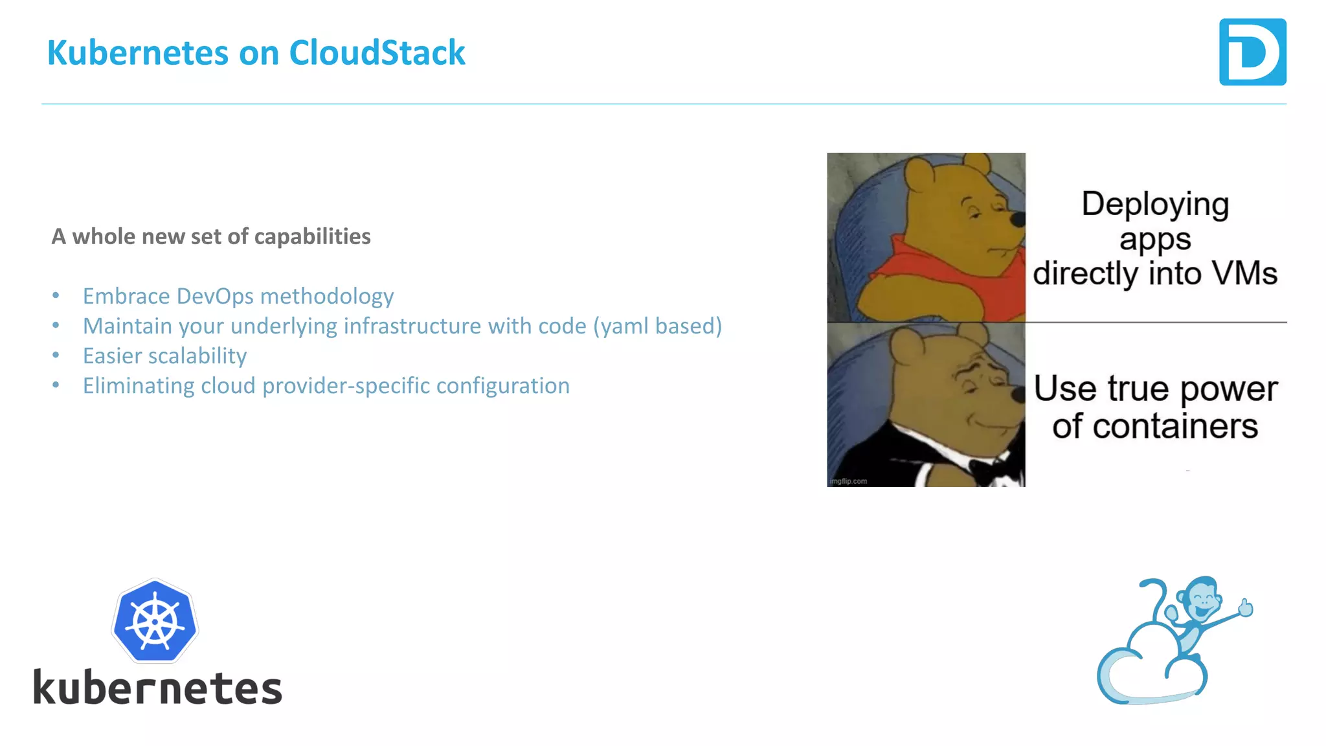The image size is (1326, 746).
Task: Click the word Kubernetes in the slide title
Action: pyautogui.click(x=137, y=52)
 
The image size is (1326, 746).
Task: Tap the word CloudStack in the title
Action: pyautogui.click(x=377, y=52)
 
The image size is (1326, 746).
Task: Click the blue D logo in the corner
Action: pyautogui.click(x=1252, y=52)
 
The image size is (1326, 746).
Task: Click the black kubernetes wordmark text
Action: pyautogui.click(x=158, y=688)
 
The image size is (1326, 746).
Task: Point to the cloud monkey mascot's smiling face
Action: pyautogui.click(x=1203, y=599)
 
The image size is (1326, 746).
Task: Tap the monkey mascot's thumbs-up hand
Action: pyautogui.click(x=1246, y=607)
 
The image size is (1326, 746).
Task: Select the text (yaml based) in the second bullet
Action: pyautogui.click(x=657, y=326)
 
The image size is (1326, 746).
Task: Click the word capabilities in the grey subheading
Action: pyautogui.click(x=312, y=236)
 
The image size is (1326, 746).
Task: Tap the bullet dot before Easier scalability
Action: pyautogui.click(x=56, y=355)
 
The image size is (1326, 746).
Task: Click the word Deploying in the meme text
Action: pyautogui.click(x=1155, y=204)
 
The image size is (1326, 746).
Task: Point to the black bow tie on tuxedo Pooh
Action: pyautogui.click(x=989, y=468)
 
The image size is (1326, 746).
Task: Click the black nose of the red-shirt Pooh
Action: pyautogui.click(x=1018, y=220)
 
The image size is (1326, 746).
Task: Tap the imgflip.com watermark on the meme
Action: pyautogui.click(x=848, y=481)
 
